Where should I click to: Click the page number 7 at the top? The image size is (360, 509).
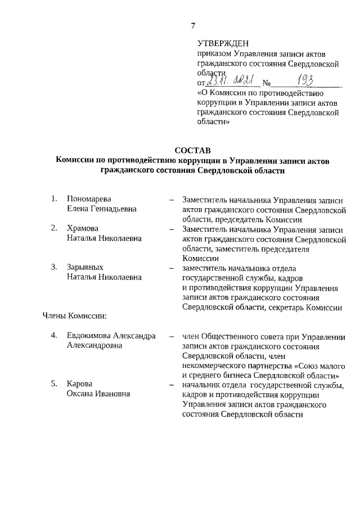coord(192,25)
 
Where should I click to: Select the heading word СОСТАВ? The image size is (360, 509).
coord(192,150)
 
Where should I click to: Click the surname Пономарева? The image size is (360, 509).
coord(89,199)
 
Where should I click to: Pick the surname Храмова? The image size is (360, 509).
coord(82,228)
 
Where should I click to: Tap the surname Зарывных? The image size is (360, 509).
coord(85,267)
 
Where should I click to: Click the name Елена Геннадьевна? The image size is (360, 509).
coord(101,209)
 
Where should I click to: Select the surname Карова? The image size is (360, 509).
coord(79,384)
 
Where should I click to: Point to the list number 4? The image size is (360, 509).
coord(54,336)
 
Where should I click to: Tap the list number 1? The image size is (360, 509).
coord(54,199)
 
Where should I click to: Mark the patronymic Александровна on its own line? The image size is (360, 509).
coord(94,345)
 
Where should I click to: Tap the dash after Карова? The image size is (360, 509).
coord(170,385)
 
